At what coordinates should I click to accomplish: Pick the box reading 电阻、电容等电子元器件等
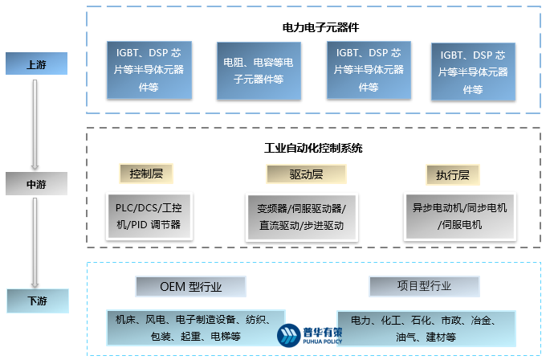point(258,71)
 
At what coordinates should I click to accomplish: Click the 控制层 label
point(146,174)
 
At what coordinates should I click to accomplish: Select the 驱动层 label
point(306,174)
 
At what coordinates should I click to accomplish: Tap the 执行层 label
point(452,174)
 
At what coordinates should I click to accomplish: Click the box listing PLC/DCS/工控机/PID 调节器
point(149,215)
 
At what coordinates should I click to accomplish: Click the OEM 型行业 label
point(179,286)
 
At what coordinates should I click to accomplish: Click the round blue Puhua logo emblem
point(288,335)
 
